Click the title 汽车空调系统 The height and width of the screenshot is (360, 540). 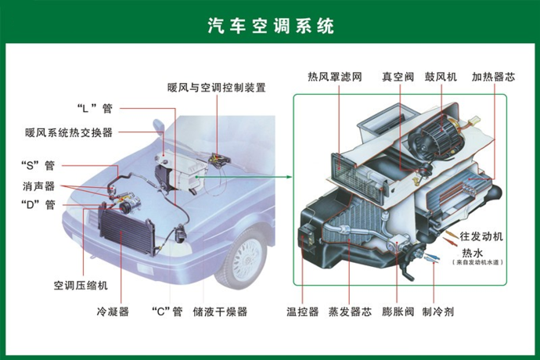271,26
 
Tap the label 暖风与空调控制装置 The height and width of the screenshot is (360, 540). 217,88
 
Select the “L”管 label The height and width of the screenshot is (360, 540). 95,109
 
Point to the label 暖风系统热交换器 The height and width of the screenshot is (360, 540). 69,132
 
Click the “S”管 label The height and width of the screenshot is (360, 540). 38,165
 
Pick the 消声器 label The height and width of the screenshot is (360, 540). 38,186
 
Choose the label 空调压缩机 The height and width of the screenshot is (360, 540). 81,285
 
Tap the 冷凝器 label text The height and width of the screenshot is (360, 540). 113,311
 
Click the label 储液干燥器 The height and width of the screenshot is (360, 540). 220,311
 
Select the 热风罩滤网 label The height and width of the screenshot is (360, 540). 335,77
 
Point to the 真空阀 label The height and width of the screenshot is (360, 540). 398,77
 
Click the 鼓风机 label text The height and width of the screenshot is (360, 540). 441,77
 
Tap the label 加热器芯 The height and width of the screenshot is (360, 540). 493,77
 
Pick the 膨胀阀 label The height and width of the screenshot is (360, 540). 398,311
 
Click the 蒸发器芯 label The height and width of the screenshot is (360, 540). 350,311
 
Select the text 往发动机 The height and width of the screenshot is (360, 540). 481,236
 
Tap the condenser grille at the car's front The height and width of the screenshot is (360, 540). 126,229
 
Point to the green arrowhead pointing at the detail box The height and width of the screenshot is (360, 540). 289,177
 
